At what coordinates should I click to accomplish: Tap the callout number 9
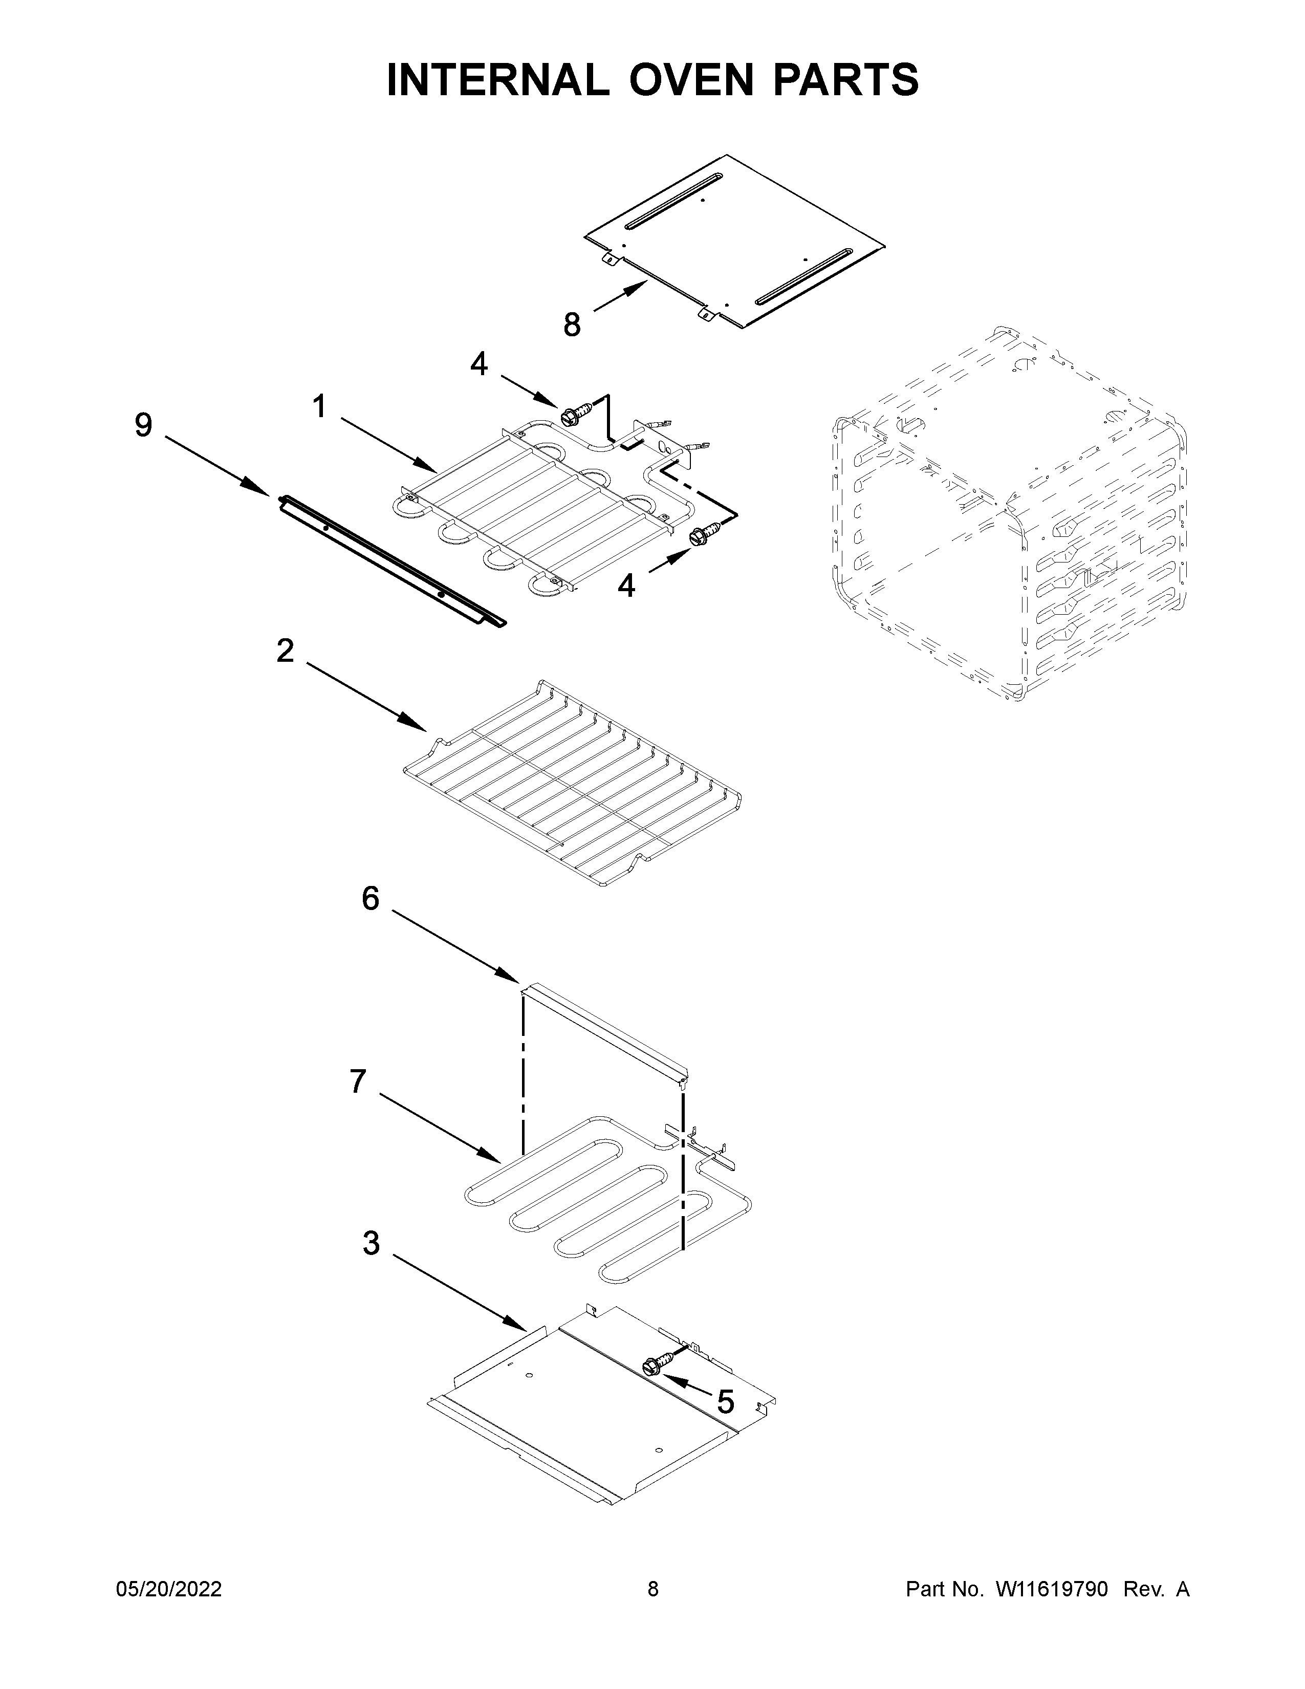pos(144,425)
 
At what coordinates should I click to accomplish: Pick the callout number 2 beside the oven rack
pos(285,651)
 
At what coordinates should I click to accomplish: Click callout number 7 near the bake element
pos(357,1081)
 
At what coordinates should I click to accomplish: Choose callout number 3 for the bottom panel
pos(371,1244)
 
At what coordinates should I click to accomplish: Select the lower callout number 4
pos(626,586)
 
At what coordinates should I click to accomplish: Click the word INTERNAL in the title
pos(498,80)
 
